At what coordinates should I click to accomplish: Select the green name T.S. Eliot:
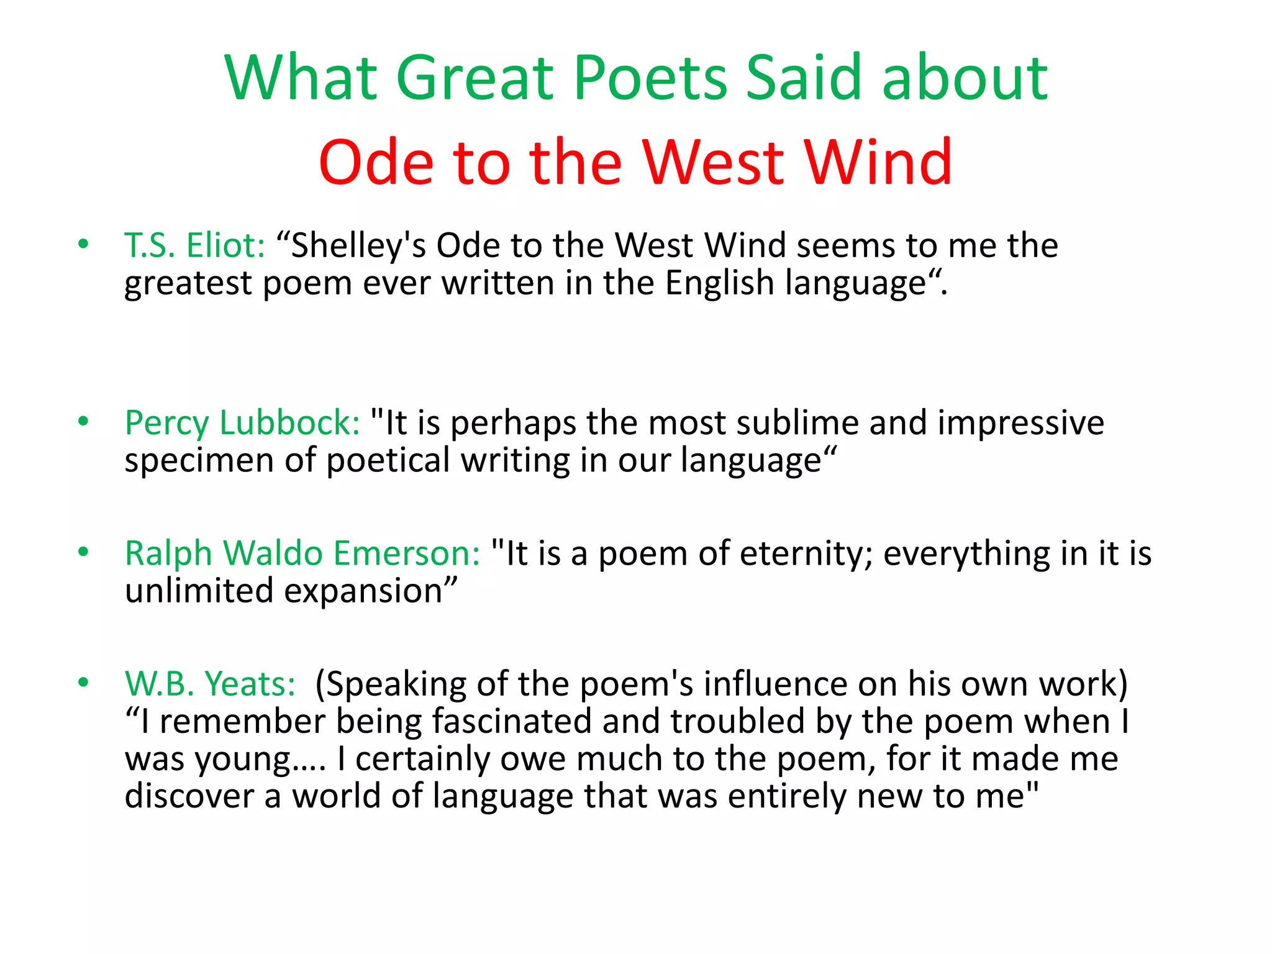[x=195, y=245]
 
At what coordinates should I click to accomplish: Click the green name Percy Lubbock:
[x=242, y=423]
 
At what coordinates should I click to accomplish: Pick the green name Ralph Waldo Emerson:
[x=302, y=553]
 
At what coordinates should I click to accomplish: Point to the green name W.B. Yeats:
[x=211, y=684]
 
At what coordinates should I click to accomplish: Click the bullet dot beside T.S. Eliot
[x=83, y=244]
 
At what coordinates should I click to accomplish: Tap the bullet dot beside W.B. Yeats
[x=83, y=683]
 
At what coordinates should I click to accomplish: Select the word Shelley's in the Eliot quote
[x=358, y=245]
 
